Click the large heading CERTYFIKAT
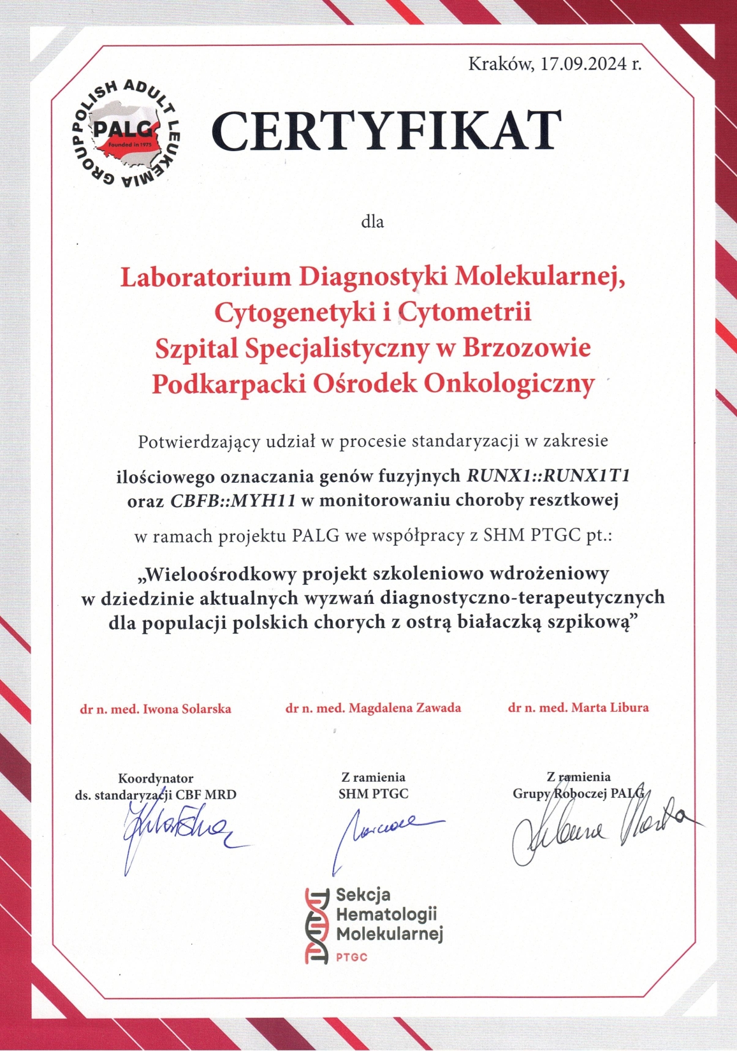(x=386, y=131)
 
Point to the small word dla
(x=372, y=222)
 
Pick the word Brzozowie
(x=527, y=348)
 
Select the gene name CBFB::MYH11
(x=233, y=501)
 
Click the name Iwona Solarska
(x=187, y=709)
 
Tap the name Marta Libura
(x=609, y=707)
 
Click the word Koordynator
(x=156, y=778)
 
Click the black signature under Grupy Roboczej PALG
(x=599, y=829)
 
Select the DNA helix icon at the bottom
(x=316, y=925)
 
